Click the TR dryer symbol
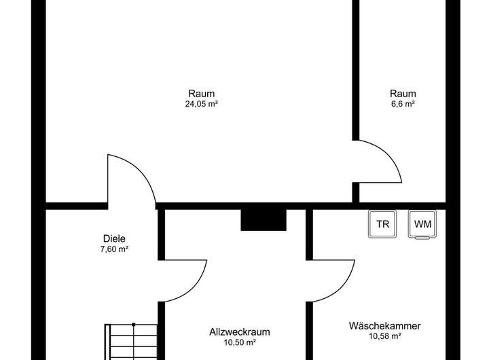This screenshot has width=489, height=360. (384, 225)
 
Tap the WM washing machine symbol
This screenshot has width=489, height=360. (423, 225)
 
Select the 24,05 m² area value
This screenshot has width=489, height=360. (201, 104)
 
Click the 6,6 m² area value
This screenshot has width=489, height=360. (403, 104)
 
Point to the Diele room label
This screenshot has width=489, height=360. (114, 238)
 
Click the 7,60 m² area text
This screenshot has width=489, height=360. (114, 249)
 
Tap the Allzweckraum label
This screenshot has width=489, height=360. (240, 332)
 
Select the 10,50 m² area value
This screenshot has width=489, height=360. (240, 343)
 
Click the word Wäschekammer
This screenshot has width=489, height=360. (384, 326)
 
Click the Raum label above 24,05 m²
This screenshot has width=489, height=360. (201, 93)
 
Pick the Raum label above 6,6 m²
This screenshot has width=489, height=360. (403, 93)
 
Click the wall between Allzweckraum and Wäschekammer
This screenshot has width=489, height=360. (309, 319)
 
